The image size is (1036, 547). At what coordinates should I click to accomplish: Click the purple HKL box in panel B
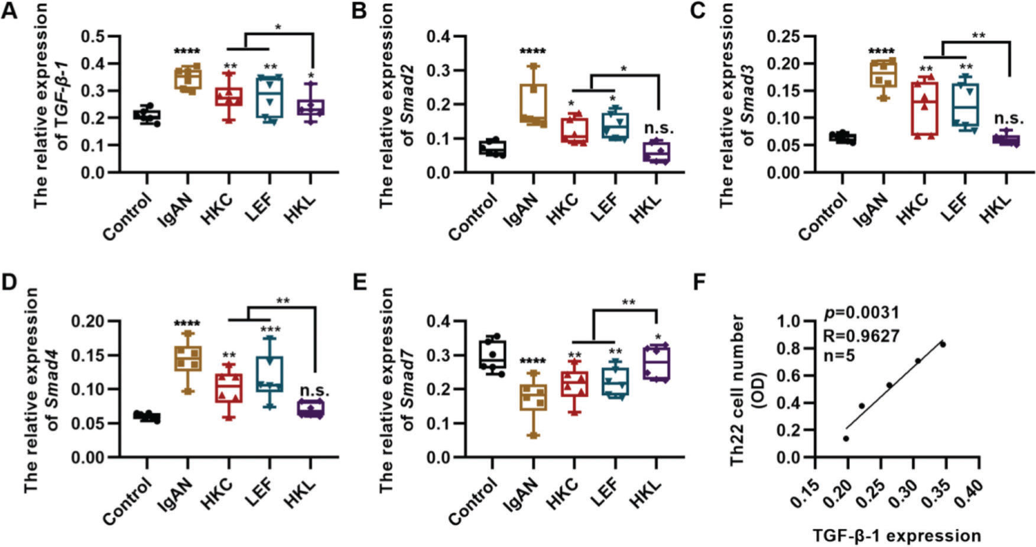coord(657,152)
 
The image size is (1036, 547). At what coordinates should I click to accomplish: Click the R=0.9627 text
coord(861,336)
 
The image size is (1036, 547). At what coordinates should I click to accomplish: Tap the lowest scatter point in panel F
coord(846,439)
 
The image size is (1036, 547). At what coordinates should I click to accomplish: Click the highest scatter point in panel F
coord(943,344)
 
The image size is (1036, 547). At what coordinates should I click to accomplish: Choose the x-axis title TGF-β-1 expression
coord(897,536)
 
